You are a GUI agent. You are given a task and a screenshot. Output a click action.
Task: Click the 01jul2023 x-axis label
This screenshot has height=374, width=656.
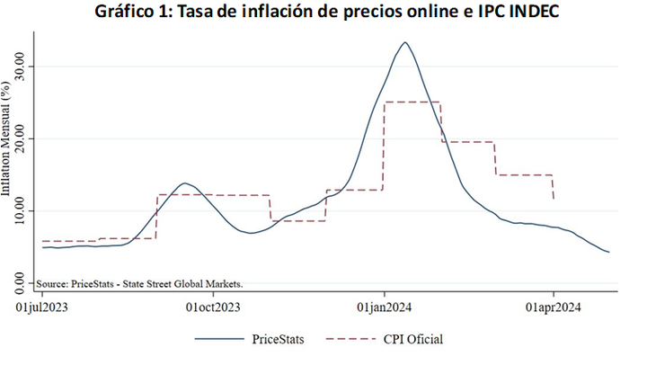[41, 308]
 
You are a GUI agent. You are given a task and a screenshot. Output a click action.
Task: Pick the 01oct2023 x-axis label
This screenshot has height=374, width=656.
[213, 308]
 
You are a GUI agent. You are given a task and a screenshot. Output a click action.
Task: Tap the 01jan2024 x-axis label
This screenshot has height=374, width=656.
[385, 308]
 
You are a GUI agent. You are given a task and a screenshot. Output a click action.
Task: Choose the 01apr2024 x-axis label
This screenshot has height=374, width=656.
[554, 308]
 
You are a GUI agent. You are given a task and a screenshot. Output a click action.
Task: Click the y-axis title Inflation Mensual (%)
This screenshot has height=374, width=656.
[7, 139]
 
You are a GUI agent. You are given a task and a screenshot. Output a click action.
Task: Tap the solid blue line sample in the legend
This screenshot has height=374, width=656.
[217, 340]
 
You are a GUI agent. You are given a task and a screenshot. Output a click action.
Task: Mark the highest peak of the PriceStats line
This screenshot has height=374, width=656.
[405, 42]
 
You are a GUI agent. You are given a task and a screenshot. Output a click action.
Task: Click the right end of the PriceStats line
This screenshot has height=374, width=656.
[609, 252]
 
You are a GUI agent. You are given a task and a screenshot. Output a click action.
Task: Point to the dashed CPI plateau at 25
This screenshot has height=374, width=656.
[412, 102]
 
